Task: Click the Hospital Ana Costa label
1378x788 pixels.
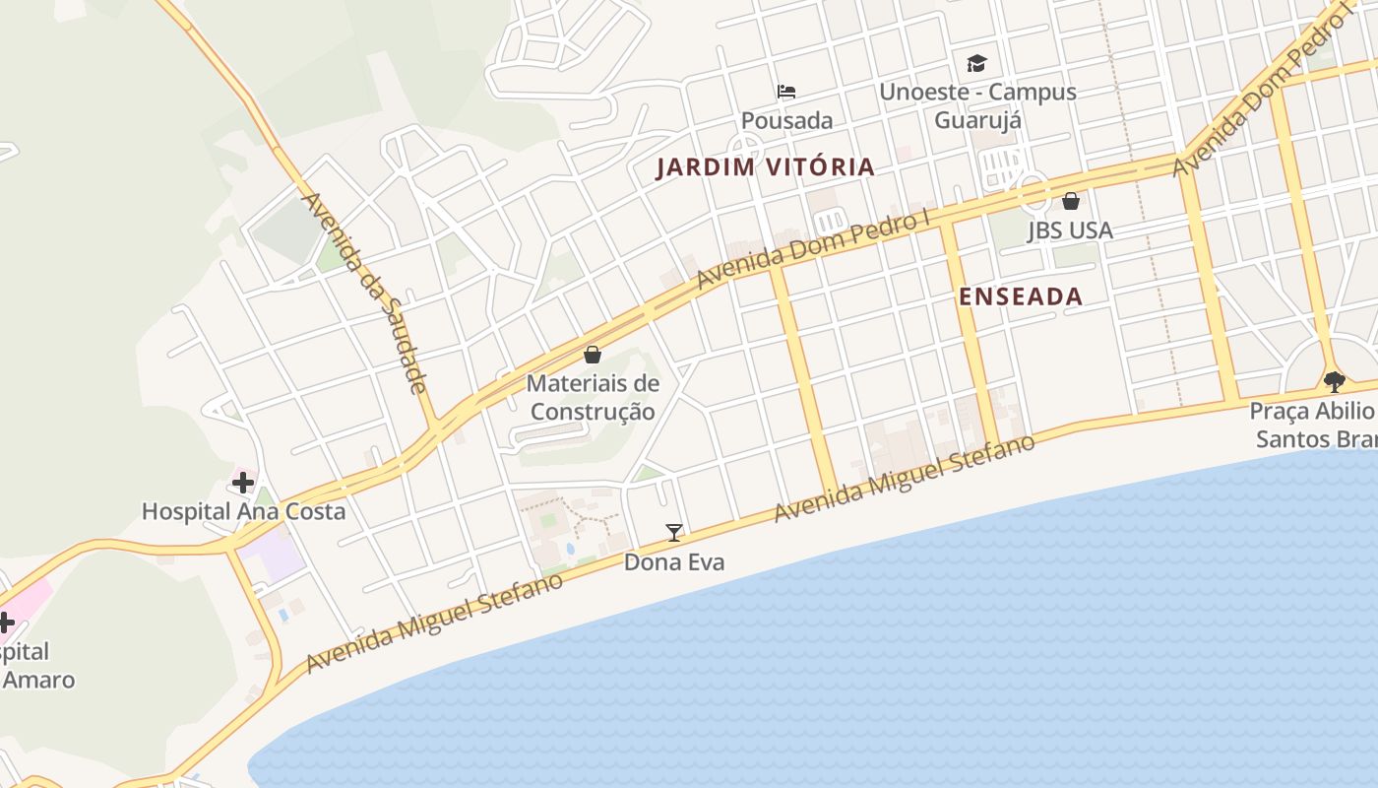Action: pos(243,511)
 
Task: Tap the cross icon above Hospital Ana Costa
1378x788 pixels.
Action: pos(242,483)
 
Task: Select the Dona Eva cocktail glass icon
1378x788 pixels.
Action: pos(674,533)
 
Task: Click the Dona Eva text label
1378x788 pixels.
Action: pos(674,562)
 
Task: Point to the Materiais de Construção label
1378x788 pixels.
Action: pos(593,397)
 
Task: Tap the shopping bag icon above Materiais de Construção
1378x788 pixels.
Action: pos(593,355)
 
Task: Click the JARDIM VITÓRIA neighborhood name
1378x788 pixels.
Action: pos(765,166)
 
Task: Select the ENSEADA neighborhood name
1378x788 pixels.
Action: pos(1020,296)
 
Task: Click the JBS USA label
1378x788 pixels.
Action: pos(1070,230)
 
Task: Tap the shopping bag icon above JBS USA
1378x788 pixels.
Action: pos(1071,201)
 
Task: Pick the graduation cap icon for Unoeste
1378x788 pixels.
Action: pos(976,64)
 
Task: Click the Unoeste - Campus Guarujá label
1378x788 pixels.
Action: pos(977,105)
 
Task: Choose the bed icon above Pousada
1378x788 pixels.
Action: pos(786,92)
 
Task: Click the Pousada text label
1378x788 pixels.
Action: pos(786,121)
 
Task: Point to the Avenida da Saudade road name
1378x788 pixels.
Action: pos(366,293)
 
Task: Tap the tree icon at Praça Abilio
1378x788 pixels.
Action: pos(1334,381)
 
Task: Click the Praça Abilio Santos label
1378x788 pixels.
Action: pos(1314,425)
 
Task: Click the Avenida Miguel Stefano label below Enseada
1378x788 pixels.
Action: pos(905,479)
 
